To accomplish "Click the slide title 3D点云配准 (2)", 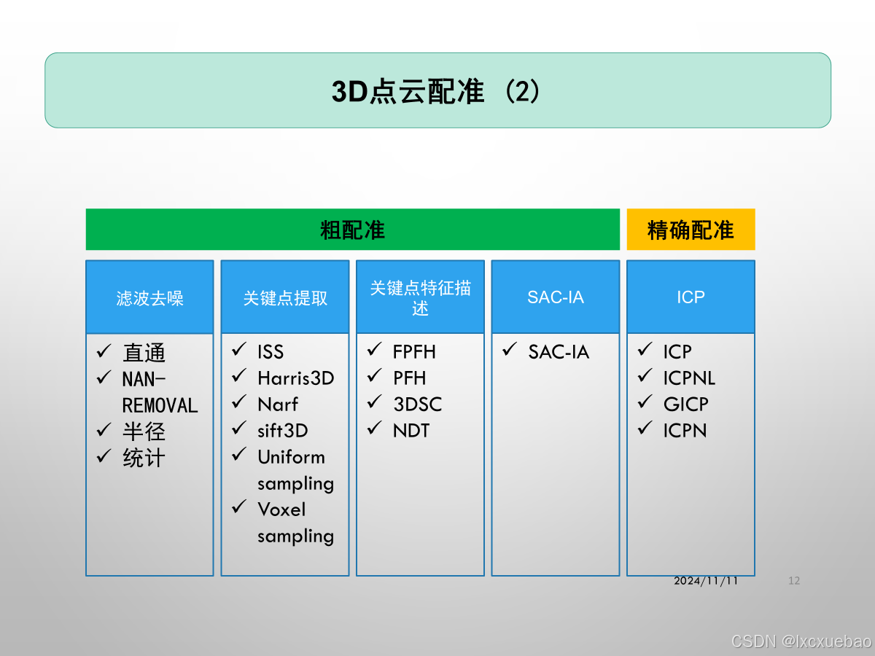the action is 436,92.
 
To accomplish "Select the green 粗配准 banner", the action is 352,230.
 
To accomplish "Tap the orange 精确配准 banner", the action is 691,230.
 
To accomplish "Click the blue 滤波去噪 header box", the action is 149,297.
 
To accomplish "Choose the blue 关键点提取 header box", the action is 285,297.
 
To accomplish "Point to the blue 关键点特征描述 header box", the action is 420,297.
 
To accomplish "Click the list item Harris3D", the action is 295,378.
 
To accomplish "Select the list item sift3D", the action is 282,430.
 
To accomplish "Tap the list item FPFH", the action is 413,351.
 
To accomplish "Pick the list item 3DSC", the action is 417,404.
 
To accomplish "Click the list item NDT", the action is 411,430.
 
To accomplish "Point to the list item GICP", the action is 685,404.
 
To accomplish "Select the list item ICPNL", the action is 689,378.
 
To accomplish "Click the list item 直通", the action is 144,353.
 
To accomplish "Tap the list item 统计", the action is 144,458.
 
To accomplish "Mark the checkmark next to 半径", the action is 104,430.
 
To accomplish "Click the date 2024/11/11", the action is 706,581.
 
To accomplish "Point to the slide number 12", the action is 794,581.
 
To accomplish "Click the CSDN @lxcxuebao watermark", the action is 801,641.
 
